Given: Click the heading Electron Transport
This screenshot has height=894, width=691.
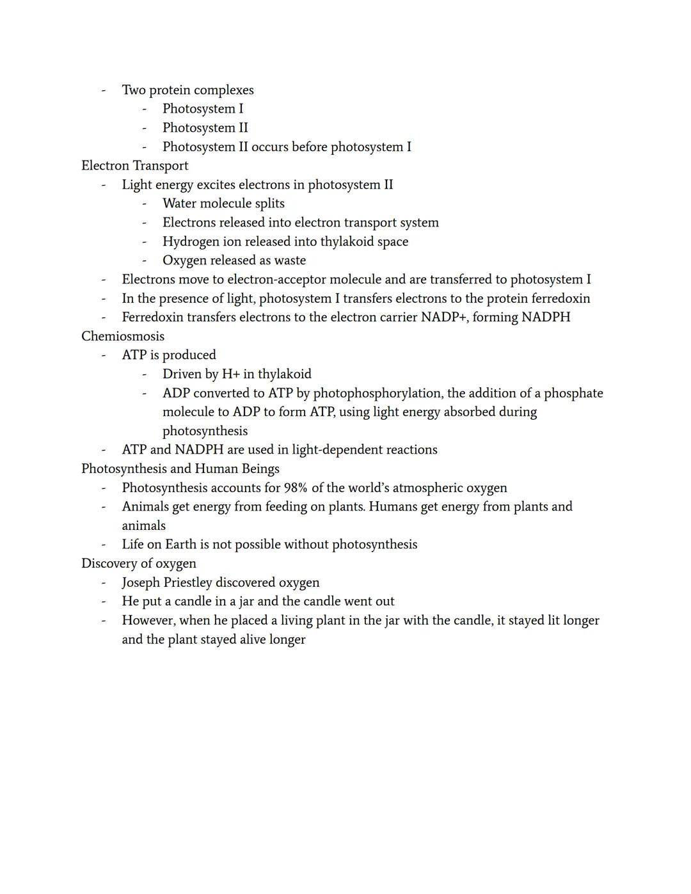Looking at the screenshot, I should pyautogui.click(x=134, y=166).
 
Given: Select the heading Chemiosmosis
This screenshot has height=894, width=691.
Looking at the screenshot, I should pyautogui.click(x=123, y=337).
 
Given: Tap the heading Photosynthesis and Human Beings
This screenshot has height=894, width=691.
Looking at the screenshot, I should pyautogui.click(x=180, y=469).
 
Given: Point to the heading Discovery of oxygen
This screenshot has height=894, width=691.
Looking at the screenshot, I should pyautogui.click(x=139, y=564).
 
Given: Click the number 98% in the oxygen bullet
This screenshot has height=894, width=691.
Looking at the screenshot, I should pyautogui.click(x=296, y=488).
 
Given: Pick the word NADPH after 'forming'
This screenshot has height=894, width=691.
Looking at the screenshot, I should pyautogui.click(x=546, y=317).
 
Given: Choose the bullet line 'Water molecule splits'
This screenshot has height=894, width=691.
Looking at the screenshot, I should pyautogui.click(x=223, y=204).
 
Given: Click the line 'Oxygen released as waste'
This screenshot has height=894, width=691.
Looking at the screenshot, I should pyautogui.click(x=234, y=260).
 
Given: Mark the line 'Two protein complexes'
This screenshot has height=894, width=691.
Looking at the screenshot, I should pyautogui.click(x=187, y=90).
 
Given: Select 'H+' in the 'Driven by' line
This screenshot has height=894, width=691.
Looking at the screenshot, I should pyautogui.click(x=231, y=374).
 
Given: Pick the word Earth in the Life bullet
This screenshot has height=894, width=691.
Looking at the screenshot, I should pyautogui.click(x=181, y=545).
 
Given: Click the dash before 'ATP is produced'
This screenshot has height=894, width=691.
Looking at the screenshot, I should pyautogui.click(x=104, y=355).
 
